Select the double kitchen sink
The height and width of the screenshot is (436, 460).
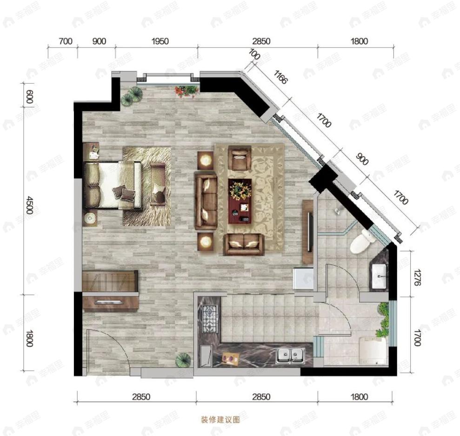click(x=290, y=356)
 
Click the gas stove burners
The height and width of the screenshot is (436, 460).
click(x=209, y=319)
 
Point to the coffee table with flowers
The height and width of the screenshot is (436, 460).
click(x=240, y=201)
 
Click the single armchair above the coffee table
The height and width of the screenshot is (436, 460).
click(x=240, y=158)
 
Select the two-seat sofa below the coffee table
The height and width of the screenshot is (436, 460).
click(x=244, y=244)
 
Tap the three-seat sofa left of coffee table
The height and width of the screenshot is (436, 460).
click(x=206, y=201)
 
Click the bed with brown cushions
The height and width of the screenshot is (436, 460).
click(x=113, y=184)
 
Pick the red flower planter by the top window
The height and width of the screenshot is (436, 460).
click(x=186, y=91)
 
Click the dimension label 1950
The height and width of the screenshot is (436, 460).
click(x=160, y=41)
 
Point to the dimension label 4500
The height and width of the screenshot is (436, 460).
click(x=29, y=205)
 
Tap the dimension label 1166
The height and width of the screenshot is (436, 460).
click(x=280, y=77)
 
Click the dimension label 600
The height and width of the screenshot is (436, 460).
click(x=29, y=97)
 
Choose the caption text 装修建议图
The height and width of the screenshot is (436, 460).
click(x=220, y=420)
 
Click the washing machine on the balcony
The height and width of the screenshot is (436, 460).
click(x=373, y=351)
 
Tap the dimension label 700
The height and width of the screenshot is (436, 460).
click(x=66, y=41)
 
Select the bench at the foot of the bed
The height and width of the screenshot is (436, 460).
click(x=158, y=184)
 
